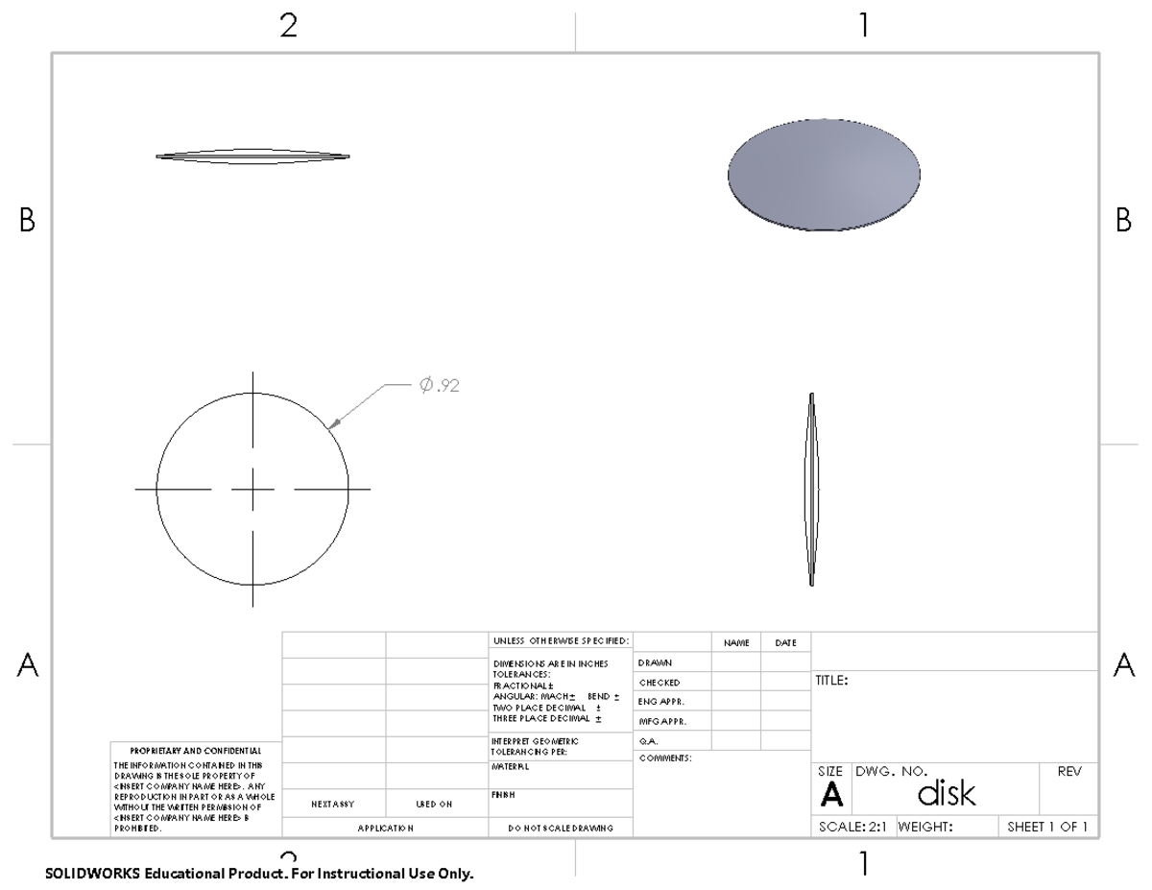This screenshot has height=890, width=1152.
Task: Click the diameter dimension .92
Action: tap(440, 385)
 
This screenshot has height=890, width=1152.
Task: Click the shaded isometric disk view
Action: tap(824, 174)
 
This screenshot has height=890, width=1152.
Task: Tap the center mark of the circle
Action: tap(253, 490)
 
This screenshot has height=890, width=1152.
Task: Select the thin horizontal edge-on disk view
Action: tap(252, 156)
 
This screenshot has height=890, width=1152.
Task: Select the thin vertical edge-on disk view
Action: tap(812, 490)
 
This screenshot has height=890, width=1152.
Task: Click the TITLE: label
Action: tap(831, 681)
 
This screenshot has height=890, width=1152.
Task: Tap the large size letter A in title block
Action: tap(832, 795)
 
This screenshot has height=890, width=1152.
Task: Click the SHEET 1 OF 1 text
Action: tap(1047, 827)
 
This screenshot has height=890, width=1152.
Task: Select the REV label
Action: tap(1068, 771)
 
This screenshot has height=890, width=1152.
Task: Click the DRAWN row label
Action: tap(655, 662)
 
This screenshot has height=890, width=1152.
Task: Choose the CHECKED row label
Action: tap(660, 683)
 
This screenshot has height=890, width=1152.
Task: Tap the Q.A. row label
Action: tap(648, 740)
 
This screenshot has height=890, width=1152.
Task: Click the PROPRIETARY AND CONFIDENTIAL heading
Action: tap(195, 750)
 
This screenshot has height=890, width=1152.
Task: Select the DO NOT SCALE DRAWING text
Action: tap(561, 827)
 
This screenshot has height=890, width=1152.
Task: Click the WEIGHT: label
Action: tap(924, 827)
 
